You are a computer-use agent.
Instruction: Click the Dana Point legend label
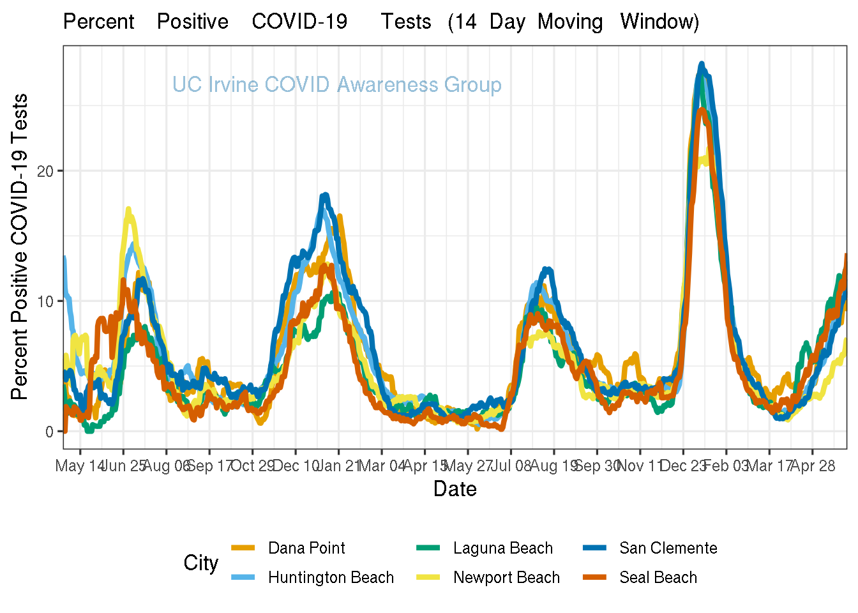[x=306, y=548]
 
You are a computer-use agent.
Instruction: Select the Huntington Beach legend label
[x=331, y=577]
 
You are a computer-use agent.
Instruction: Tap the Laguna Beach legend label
[x=502, y=548]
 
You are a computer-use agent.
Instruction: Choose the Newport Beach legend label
[x=506, y=577]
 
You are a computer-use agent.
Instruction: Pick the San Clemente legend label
[x=668, y=548]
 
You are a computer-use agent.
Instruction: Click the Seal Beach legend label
[x=658, y=577]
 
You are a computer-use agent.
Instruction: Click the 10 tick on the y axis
[x=46, y=301]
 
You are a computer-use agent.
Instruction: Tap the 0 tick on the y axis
[x=50, y=432]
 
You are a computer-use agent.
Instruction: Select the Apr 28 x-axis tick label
[x=813, y=465]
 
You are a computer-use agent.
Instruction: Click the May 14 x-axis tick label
[x=80, y=465]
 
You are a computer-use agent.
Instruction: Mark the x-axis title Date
[x=455, y=489]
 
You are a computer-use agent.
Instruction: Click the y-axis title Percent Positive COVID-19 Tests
[x=20, y=246]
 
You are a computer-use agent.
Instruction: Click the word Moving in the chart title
[x=569, y=22]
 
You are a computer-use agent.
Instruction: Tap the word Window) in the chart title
[x=659, y=22]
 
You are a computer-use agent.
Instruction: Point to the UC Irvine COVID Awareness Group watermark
[x=336, y=84]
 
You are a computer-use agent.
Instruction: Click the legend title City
[x=200, y=563]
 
